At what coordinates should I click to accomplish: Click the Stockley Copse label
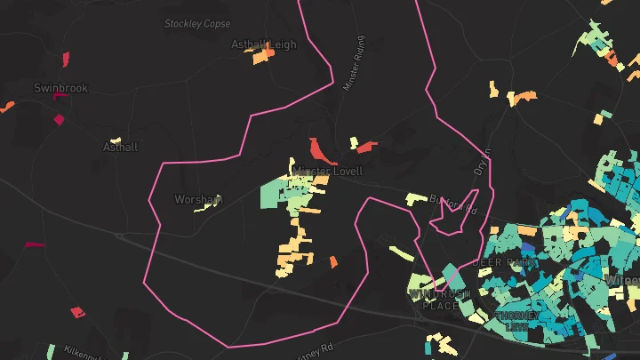pyautogui.click(x=197, y=24)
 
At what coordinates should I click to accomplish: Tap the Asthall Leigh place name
pyautogui.click(x=263, y=44)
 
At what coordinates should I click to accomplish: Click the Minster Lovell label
pyautogui.click(x=328, y=170)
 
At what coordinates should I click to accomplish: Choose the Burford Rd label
pyautogui.click(x=453, y=205)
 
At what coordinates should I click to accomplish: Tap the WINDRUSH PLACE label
pyautogui.click(x=439, y=300)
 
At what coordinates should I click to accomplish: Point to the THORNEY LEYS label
pyautogui.click(x=518, y=321)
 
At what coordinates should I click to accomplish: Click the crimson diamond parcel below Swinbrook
pyautogui.click(x=60, y=119)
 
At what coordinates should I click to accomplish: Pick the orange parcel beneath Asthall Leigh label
pyautogui.click(x=262, y=58)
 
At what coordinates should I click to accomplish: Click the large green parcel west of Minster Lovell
pyautogui.click(x=274, y=193)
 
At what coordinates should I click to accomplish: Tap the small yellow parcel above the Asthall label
pyautogui.click(x=115, y=140)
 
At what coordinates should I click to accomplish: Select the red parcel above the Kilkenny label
pyautogui.click(x=78, y=312)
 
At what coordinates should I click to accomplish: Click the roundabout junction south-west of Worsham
pyautogui.click(x=118, y=236)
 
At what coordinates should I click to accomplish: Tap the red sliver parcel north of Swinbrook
pyautogui.click(x=66, y=60)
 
